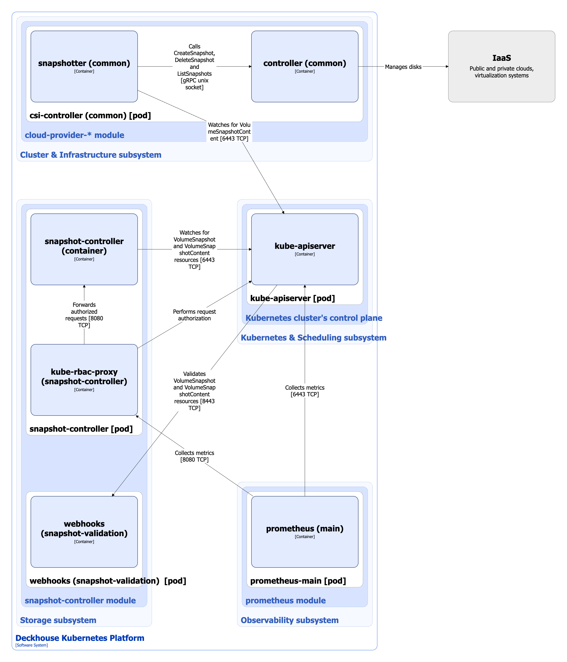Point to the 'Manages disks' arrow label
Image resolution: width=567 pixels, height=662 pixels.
pyautogui.click(x=403, y=67)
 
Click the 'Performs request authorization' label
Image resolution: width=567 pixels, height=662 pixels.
pyautogui.click(x=194, y=315)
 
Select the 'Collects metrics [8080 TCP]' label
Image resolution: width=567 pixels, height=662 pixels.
pyautogui.click(x=194, y=456)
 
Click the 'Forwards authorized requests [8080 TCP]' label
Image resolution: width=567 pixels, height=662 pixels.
pyautogui.click(x=84, y=315)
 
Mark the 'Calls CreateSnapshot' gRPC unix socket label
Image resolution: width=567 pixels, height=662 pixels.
pyautogui.click(x=194, y=67)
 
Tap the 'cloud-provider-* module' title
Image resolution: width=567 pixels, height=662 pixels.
pyautogui.click(x=74, y=135)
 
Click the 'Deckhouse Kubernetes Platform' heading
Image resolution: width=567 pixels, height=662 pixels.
pyautogui.click(x=80, y=638)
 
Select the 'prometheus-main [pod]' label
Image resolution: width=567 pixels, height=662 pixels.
pyautogui.click(x=298, y=581)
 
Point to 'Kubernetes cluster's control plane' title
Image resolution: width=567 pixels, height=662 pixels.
pyautogui.click(x=313, y=318)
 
